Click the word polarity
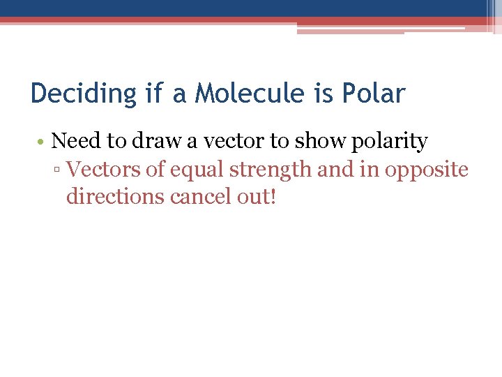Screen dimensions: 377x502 [389, 142]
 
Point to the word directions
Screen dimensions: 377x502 [115, 197]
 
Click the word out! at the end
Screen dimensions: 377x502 [257, 197]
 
